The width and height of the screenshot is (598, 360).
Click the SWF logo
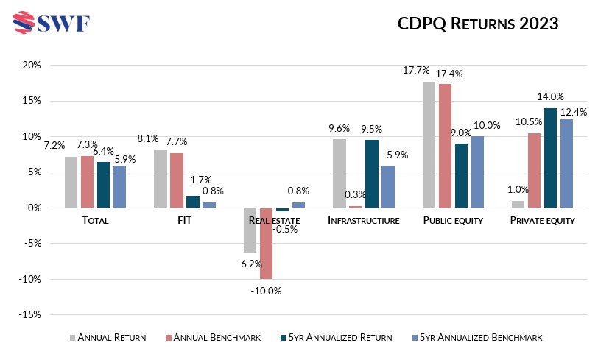point(52,23)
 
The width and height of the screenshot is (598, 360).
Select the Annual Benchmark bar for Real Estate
point(266,243)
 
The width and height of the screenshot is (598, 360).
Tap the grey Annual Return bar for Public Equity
point(429,144)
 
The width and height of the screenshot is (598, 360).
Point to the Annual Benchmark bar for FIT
point(177,180)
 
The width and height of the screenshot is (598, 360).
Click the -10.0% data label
point(266,291)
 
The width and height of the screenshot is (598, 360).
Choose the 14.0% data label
point(550,96)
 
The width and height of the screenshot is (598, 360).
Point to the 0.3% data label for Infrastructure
point(356,194)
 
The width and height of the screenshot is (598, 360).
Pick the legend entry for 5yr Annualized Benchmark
point(479,337)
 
